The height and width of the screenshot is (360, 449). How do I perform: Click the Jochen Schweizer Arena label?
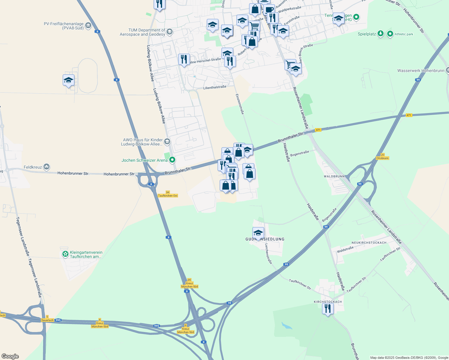pyautogui.click(x=144, y=160)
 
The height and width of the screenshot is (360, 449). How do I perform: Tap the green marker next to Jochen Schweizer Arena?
pyautogui.click(x=172, y=160)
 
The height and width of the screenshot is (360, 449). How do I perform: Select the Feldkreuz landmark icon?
pyautogui.click(x=47, y=166)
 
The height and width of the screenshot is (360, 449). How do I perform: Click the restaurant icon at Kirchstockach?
pyautogui.click(x=328, y=308)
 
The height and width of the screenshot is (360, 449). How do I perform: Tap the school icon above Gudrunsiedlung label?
pyautogui.click(x=258, y=232)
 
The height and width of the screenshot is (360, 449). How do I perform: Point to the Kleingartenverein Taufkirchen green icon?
pyautogui.click(x=65, y=254)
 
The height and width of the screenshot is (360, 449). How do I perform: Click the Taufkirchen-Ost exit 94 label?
pyautogui.click(x=168, y=194)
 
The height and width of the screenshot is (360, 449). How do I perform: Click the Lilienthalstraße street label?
pyautogui.click(x=215, y=87)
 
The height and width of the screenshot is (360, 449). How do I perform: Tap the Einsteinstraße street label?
pyautogui.click(x=240, y=104)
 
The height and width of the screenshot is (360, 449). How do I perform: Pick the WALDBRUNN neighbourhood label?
pyautogui.click(x=334, y=176)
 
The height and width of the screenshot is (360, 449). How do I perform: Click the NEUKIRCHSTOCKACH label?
pyautogui.click(x=369, y=243)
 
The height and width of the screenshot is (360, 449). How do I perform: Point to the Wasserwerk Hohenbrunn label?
pyautogui.click(x=420, y=71)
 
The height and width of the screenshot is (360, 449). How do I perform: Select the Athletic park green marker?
pyautogui.click(x=390, y=34)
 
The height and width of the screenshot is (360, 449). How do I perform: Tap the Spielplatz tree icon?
pyautogui.click(x=381, y=34)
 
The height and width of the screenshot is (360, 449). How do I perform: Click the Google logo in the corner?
pyautogui.click(x=10, y=356)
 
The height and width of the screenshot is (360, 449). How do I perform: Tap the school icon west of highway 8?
pyautogui.click(x=68, y=80)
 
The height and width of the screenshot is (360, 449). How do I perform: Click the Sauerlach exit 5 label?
pyautogui.click(x=47, y=319)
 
